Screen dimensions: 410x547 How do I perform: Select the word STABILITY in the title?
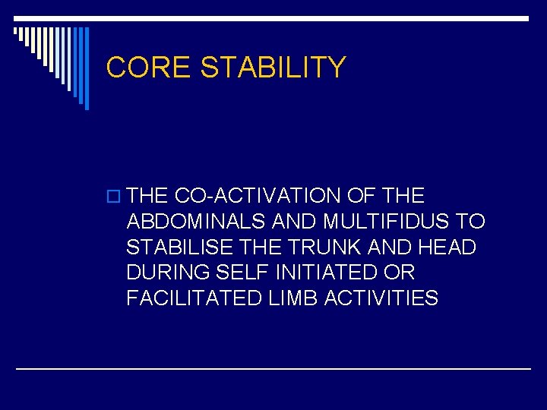[273, 68]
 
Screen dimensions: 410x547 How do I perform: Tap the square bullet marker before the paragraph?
[115, 197]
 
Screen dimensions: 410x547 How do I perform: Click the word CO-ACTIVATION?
[258, 196]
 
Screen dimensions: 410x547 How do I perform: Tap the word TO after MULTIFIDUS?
[471, 222]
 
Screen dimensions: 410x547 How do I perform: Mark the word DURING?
[168, 273]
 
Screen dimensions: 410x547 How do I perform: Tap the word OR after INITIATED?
[400, 273]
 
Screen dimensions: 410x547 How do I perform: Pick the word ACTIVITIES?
[381, 298]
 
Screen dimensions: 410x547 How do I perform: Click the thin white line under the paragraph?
[273, 368]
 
